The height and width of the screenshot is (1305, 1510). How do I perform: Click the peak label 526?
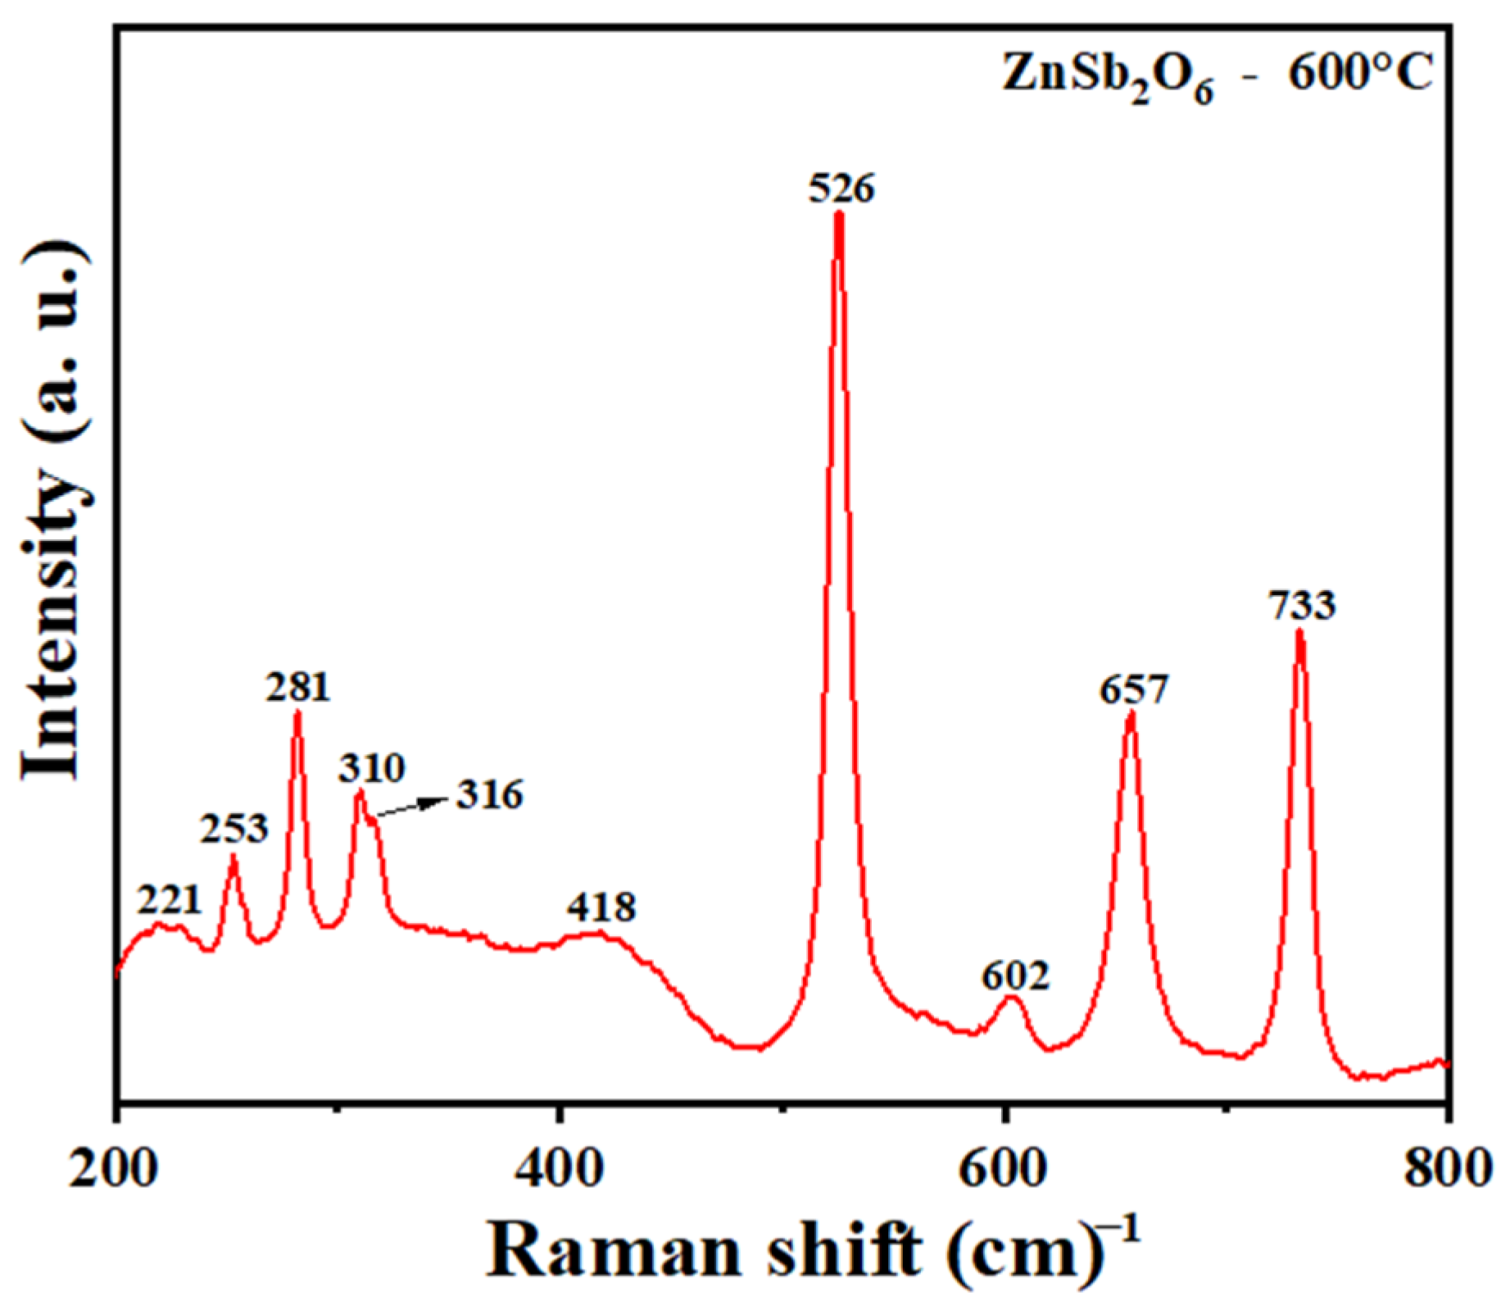841,189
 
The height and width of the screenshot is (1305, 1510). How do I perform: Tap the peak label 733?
1302,607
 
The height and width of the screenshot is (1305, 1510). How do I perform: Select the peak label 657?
1131,689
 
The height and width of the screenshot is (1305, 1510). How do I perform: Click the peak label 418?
601,907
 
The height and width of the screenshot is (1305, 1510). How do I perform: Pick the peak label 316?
489,795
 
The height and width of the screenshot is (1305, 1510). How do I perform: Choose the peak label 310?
372,769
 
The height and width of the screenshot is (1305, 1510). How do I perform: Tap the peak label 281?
297,688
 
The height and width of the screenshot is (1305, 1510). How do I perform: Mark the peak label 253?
234,830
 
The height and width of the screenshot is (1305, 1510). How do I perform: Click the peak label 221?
169,902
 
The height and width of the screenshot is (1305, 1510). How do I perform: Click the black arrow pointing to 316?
410,807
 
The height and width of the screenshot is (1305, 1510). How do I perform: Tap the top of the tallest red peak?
838,215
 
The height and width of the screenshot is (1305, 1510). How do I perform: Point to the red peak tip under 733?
1299,632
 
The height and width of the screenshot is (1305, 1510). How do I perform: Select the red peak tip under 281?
297,713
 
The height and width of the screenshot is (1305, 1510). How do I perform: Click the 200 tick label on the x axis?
113,1170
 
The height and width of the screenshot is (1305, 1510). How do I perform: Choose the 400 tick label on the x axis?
557,1170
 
